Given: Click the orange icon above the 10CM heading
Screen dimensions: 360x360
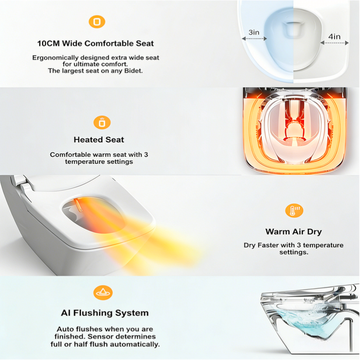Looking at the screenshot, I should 96,22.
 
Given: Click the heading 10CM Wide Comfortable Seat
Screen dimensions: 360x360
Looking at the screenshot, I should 95,44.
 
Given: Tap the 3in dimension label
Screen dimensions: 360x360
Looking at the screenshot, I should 254,32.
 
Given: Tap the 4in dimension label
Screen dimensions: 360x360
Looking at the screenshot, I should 335,36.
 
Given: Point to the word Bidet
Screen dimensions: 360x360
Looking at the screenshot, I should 132,71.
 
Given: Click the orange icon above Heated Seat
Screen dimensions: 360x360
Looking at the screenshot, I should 102,122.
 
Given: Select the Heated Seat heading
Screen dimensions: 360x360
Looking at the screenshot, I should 99,139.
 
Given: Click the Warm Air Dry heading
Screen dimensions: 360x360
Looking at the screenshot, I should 293,231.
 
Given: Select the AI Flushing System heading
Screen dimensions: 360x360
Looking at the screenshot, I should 104,313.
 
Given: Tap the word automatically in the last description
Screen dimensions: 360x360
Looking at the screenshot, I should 137,345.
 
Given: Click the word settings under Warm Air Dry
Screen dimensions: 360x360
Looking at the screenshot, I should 293,253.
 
